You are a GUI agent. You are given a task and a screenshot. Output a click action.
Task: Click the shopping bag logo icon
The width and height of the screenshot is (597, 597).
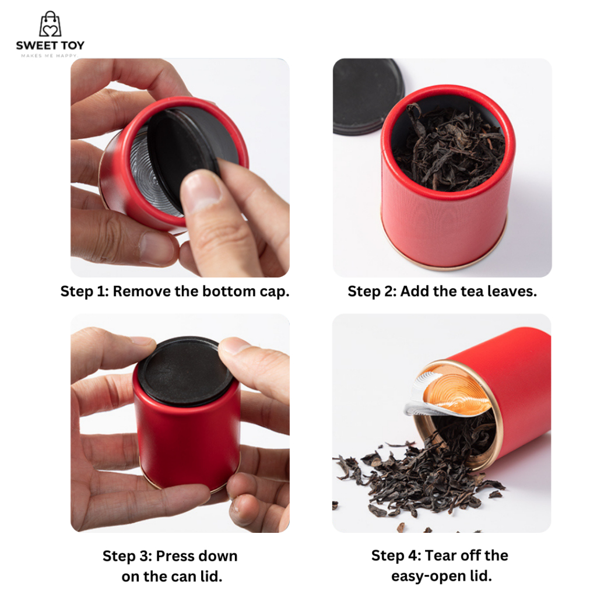point(50,24)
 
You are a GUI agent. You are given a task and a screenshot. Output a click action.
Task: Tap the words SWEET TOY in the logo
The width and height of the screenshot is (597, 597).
point(50,45)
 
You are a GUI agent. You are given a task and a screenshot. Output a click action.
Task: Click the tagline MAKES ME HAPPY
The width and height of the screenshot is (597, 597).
point(50,55)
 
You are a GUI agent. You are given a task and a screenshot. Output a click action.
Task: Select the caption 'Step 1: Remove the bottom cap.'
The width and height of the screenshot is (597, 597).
point(175,292)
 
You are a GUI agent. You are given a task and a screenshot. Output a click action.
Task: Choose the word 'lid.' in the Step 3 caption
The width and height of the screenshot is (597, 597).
point(211,577)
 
